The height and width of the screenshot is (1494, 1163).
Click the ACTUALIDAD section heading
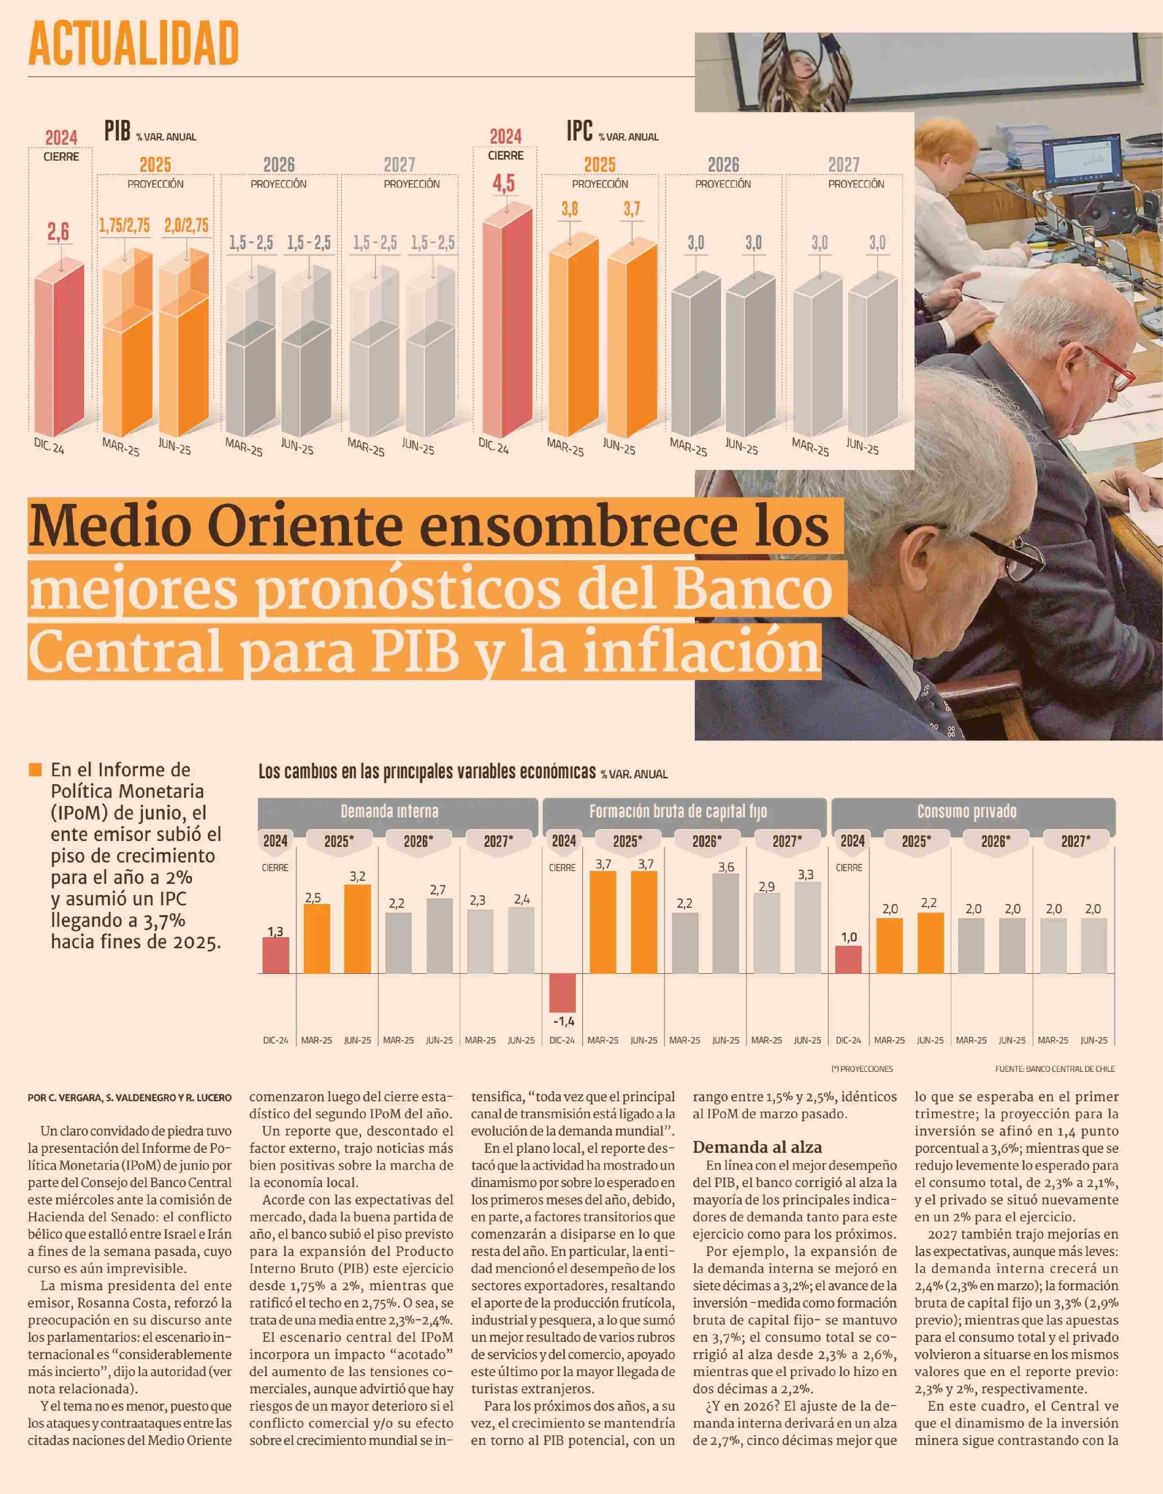[x=134, y=43]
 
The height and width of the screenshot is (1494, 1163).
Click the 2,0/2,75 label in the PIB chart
[x=186, y=225]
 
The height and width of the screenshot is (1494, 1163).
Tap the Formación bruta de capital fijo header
[x=678, y=812]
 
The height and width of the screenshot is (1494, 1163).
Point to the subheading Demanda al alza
[x=757, y=1147]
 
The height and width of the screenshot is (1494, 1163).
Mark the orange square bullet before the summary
[x=36, y=770]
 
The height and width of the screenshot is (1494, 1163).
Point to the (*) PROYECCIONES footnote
[x=862, y=1069]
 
